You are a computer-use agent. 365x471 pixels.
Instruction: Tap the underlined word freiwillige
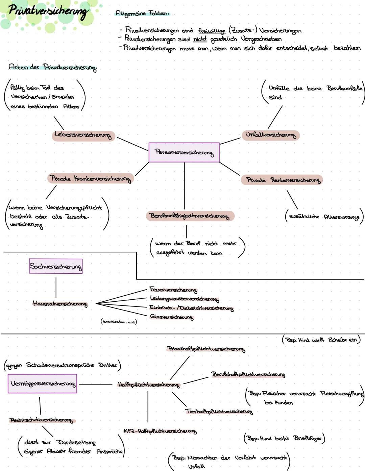click(x=212, y=31)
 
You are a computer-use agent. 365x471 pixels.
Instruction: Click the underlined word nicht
click(x=200, y=39)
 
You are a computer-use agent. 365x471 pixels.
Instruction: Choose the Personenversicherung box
click(x=184, y=152)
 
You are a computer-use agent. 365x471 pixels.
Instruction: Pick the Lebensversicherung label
click(x=83, y=135)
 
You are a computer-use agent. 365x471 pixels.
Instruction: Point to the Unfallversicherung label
click(x=270, y=135)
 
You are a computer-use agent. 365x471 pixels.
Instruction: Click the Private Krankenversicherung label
click(x=90, y=178)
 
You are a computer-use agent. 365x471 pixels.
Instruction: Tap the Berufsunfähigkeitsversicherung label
click(x=190, y=216)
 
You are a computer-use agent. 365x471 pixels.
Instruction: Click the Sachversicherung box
click(x=55, y=266)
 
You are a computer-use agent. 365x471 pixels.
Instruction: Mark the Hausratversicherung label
click(x=60, y=304)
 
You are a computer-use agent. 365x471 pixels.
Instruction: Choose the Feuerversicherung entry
click(x=173, y=290)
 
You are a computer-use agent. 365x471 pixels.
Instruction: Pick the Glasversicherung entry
click(x=172, y=317)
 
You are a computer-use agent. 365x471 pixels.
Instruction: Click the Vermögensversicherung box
click(x=43, y=384)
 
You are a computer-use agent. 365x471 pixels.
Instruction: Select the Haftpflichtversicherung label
click(x=148, y=385)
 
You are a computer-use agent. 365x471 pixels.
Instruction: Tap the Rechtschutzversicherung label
click(x=41, y=420)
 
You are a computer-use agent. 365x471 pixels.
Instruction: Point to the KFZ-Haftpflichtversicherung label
click(x=160, y=431)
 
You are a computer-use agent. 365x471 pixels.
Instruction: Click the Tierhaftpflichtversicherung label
click(x=219, y=411)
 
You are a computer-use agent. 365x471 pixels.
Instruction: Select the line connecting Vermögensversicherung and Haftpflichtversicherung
click(x=95, y=384)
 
